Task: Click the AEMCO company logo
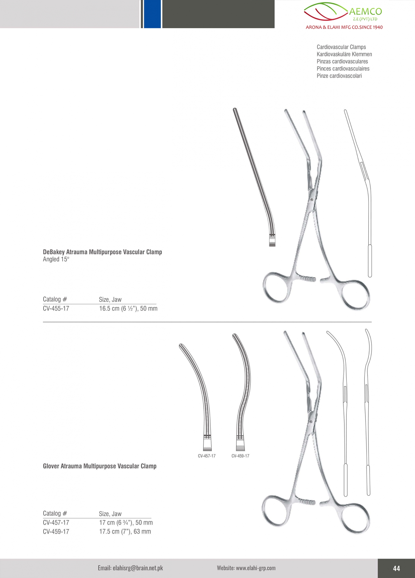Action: click(x=343, y=15)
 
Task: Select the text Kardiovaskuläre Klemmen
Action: click(x=344, y=54)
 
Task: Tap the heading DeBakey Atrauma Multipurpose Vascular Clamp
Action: click(x=102, y=252)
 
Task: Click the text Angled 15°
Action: click(x=56, y=259)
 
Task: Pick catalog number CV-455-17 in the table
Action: click(x=56, y=308)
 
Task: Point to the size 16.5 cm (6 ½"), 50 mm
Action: click(x=128, y=308)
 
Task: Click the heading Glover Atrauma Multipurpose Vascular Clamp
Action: click(x=100, y=466)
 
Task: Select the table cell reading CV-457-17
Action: click(x=56, y=523)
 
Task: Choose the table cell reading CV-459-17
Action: click(x=56, y=532)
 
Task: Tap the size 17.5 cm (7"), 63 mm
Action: click(x=125, y=532)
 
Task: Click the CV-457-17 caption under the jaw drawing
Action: click(x=207, y=456)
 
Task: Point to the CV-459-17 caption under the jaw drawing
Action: click(x=240, y=456)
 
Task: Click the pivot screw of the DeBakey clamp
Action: click(x=312, y=200)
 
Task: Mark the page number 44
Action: click(x=396, y=568)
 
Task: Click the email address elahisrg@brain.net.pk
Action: click(x=130, y=568)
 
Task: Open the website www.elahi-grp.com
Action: click(x=246, y=568)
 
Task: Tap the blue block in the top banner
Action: click(x=152, y=14)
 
